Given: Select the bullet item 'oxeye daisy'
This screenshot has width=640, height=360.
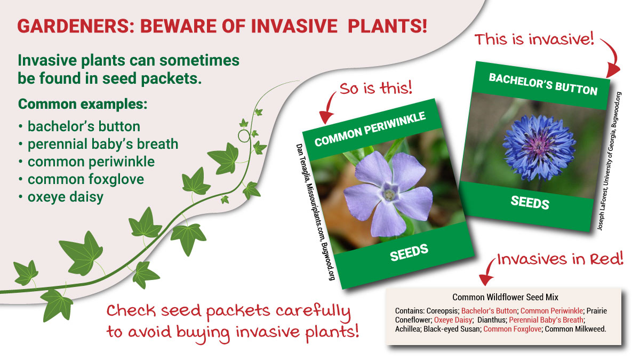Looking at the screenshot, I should pyautogui.click(x=65, y=197).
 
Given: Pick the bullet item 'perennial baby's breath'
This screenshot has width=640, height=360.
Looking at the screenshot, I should pyautogui.click(x=102, y=144).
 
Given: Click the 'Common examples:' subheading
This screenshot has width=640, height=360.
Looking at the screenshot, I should pyautogui.click(x=83, y=103).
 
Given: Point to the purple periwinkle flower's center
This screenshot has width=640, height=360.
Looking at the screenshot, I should pyautogui.click(x=389, y=195).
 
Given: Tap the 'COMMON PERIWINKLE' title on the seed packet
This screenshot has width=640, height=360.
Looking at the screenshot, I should pyautogui.click(x=370, y=130).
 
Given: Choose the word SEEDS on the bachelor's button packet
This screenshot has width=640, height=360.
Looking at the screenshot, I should pyautogui.click(x=530, y=202).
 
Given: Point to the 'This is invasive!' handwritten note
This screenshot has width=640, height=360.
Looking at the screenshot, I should pyautogui.click(x=534, y=39).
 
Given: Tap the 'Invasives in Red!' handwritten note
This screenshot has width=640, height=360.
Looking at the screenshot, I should pyautogui.click(x=560, y=259).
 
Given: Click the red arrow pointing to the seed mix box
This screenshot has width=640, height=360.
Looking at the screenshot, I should pyautogui.click(x=486, y=273).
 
